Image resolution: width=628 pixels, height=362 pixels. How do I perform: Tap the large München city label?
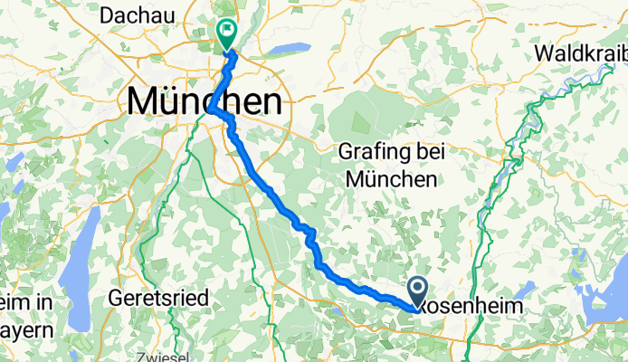204,100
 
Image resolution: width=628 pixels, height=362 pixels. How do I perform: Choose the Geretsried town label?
158,297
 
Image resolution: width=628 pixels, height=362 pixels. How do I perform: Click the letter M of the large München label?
146,100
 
